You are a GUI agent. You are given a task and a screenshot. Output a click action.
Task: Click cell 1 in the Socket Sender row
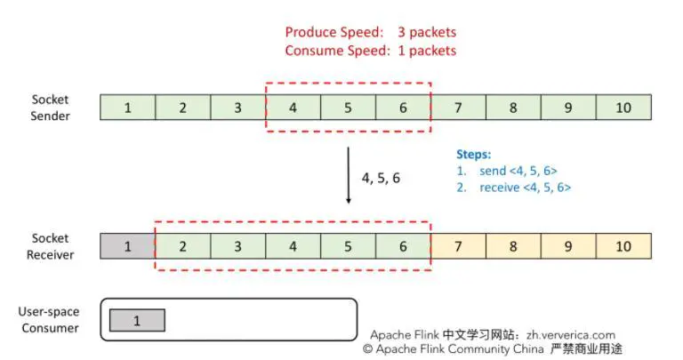click(x=128, y=108)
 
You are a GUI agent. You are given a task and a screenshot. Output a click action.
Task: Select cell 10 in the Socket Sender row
click(x=623, y=108)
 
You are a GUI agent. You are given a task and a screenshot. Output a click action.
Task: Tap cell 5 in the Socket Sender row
click(x=349, y=108)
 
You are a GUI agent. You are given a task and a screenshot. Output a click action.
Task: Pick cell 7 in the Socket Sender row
click(x=458, y=108)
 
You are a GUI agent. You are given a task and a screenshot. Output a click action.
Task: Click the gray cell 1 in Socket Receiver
click(x=128, y=245)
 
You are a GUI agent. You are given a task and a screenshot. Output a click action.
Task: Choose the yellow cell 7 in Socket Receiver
click(x=458, y=245)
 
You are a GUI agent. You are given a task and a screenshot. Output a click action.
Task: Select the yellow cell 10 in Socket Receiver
click(x=623, y=245)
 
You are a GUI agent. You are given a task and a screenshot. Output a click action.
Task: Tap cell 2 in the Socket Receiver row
click(x=183, y=245)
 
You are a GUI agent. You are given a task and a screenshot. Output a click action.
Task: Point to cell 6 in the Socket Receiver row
click(x=403, y=245)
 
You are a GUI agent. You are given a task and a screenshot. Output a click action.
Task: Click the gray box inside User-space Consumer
click(x=137, y=321)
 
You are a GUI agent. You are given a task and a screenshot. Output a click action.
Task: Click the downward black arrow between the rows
click(x=348, y=176)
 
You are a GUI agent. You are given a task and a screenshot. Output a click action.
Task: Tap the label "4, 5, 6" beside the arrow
click(x=381, y=178)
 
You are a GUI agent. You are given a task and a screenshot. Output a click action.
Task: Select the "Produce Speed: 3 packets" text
click(x=370, y=33)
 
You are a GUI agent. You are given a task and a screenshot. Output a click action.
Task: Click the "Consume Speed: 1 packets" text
click(x=370, y=51)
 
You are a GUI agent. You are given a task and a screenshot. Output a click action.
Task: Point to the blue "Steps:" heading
click(x=473, y=154)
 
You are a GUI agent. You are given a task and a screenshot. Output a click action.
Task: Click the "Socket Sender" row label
click(x=51, y=108)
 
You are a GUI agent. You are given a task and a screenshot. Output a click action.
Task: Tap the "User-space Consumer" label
click(x=49, y=320)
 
